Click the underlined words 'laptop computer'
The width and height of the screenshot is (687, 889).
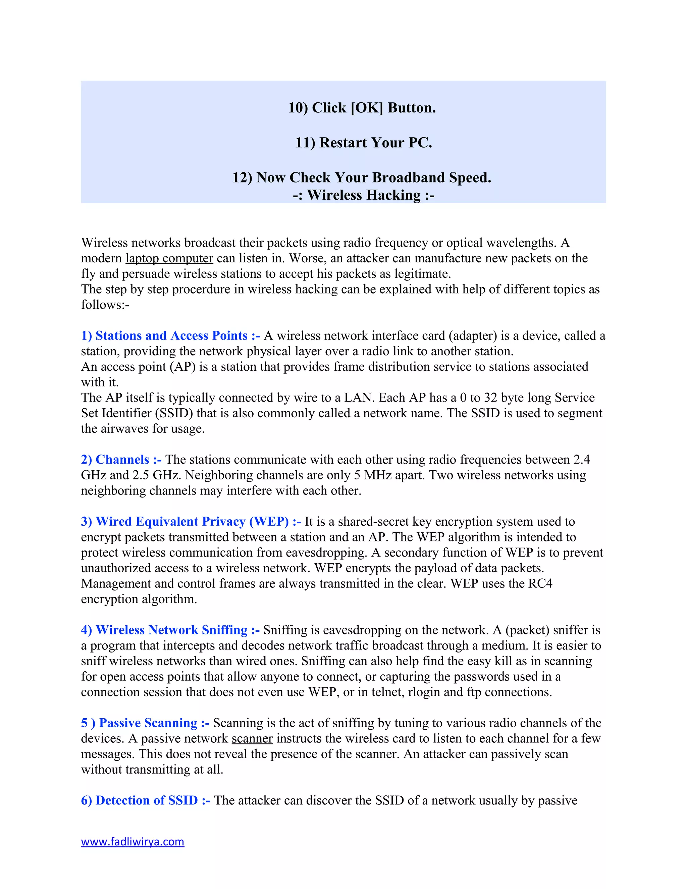click(x=169, y=258)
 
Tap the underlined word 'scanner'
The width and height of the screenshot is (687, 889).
click(x=252, y=738)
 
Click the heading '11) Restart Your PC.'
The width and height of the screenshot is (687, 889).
click(x=363, y=143)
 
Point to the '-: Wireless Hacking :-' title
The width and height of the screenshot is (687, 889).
click(x=363, y=195)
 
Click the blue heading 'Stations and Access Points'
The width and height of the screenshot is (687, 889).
click(x=171, y=336)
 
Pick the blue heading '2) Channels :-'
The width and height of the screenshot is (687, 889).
click(x=121, y=460)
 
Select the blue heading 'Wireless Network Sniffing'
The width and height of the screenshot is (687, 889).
click(x=171, y=630)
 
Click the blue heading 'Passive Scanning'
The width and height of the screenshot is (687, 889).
click(x=148, y=723)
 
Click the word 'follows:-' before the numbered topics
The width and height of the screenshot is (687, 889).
click(x=105, y=305)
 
